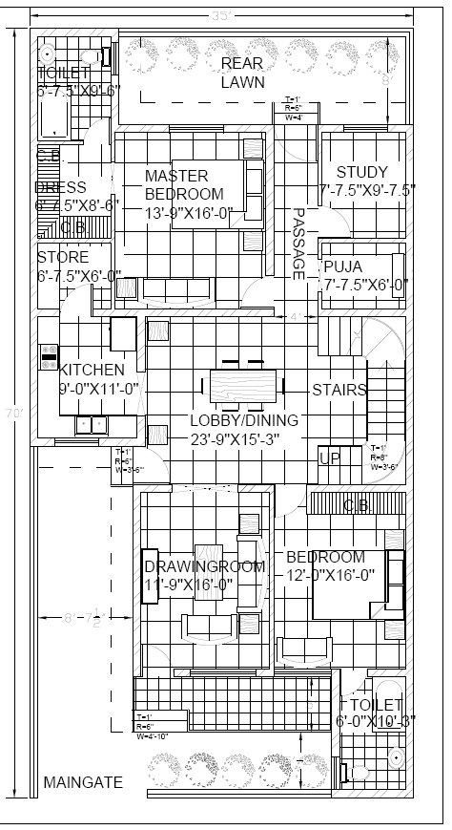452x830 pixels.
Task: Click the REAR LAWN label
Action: click(242, 73)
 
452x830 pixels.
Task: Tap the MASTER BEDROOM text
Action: click(183, 184)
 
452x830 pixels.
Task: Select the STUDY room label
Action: click(361, 172)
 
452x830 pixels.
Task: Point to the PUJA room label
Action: click(342, 266)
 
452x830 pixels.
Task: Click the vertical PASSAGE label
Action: click(298, 244)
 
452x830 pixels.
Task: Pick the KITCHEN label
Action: click(92, 370)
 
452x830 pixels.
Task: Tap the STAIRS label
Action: click(339, 390)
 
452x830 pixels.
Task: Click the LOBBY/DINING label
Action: click(243, 420)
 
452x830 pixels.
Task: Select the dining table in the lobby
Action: click(244, 387)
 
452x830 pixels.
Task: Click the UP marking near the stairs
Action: click(329, 459)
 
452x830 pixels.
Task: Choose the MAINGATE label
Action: click(83, 782)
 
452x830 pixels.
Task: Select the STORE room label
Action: click(63, 257)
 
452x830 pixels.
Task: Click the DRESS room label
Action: click(62, 187)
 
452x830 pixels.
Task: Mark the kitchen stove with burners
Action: click(48, 357)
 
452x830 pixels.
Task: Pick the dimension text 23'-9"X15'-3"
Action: click(243, 438)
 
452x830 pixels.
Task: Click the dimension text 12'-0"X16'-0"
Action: click(324, 575)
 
